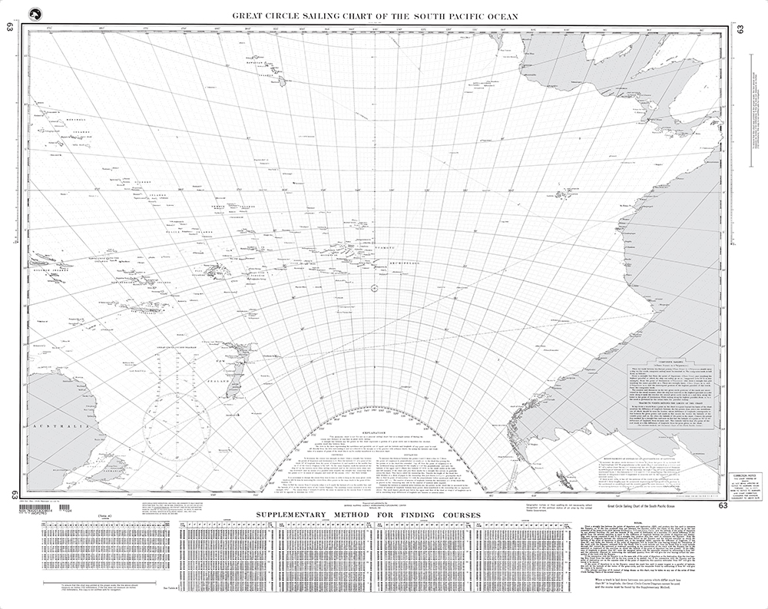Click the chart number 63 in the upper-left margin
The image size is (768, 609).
coord(10,29)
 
